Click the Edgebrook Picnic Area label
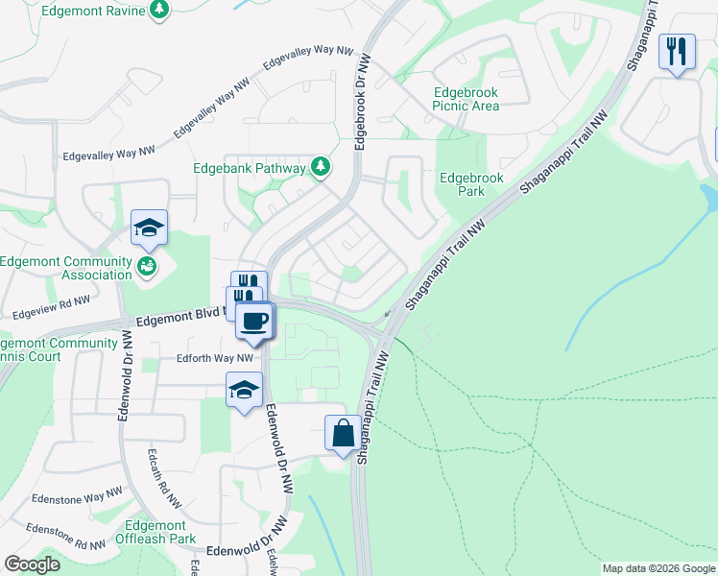(x=466, y=99)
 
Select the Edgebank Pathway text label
(x=249, y=167)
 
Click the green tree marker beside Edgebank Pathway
(x=321, y=168)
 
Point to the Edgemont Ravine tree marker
(x=159, y=11)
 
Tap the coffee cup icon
(x=253, y=320)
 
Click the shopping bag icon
(x=343, y=433)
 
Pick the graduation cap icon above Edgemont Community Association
(x=149, y=228)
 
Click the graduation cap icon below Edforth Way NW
(x=244, y=390)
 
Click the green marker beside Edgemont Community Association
(x=147, y=265)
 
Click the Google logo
(x=32, y=564)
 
